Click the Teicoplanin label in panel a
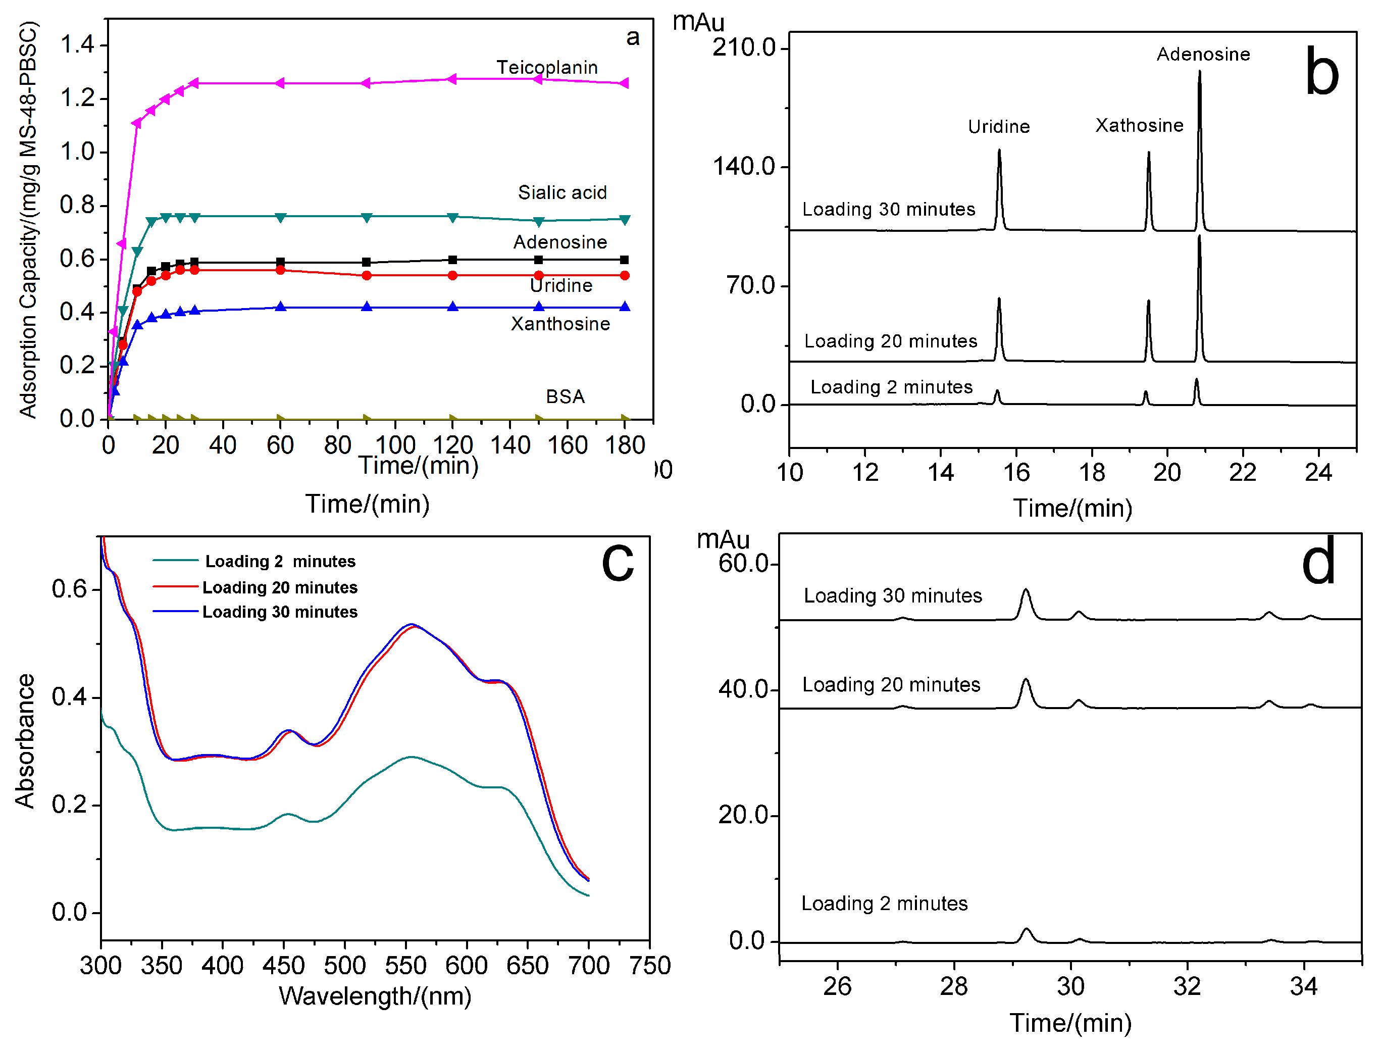click(547, 67)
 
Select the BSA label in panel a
click(565, 396)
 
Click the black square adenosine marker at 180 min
click(624, 260)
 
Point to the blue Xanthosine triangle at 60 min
click(281, 307)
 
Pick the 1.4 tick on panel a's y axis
click(76, 45)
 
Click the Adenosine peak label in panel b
click(1203, 55)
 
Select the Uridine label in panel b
click(998, 127)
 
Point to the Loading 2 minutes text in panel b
click(891, 387)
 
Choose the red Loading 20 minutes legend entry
click(280, 587)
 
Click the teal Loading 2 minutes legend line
click(176, 561)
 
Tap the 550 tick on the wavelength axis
click(405, 965)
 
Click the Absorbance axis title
click(25, 741)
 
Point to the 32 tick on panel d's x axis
click(1187, 986)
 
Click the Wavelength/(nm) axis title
click(375, 996)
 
